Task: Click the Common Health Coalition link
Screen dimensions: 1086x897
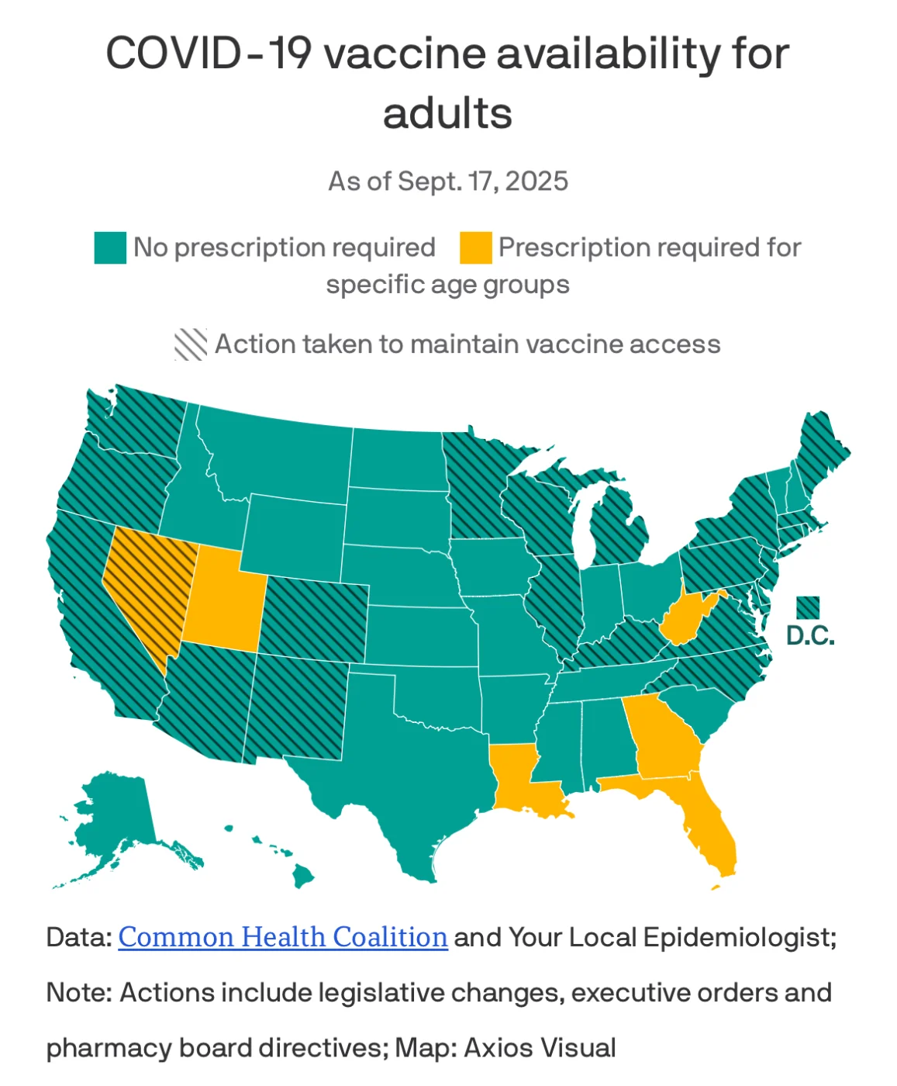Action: click(283, 937)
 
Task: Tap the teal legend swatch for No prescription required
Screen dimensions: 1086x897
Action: click(110, 247)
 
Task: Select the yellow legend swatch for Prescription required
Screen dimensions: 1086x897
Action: click(475, 247)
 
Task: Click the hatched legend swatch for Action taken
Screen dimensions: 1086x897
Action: click(191, 344)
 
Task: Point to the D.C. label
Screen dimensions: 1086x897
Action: click(810, 636)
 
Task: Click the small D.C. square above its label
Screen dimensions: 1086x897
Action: click(808, 607)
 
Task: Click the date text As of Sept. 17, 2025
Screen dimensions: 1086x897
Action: click(448, 182)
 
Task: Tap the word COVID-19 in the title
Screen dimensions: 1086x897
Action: click(209, 54)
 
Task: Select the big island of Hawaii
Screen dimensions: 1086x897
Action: click(303, 877)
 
